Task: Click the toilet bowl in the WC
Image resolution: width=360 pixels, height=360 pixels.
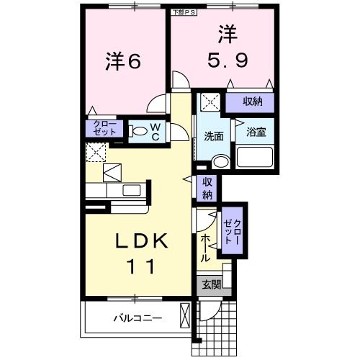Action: (x=140, y=132)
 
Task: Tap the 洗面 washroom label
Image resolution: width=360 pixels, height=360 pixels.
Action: (x=213, y=135)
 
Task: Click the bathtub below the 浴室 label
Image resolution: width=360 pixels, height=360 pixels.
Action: (x=256, y=157)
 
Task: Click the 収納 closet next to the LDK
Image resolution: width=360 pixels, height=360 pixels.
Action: (x=207, y=189)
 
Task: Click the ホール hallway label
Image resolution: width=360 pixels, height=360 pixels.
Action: (x=206, y=247)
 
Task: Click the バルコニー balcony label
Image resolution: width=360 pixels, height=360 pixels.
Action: (x=137, y=318)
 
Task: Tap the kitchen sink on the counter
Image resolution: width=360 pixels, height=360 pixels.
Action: (x=132, y=190)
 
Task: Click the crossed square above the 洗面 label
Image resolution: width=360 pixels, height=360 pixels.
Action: (x=210, y=103)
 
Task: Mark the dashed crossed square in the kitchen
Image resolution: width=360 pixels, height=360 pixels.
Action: (x=96, y=153)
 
